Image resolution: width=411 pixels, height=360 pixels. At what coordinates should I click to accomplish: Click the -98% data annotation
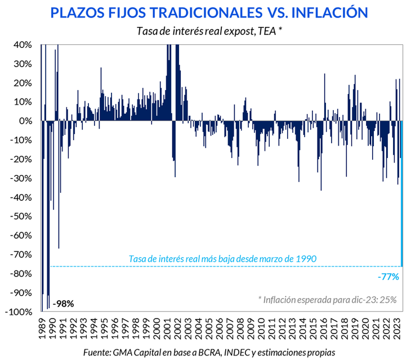[63, 304]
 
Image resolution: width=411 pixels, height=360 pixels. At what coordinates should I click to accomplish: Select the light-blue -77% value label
[388, 276]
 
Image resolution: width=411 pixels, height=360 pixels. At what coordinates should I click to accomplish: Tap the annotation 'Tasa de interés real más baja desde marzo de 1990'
[223, 258]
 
